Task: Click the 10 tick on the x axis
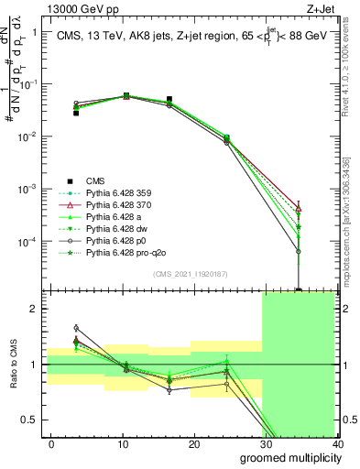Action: click(123, 443)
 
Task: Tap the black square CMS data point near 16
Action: click(169, 99)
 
